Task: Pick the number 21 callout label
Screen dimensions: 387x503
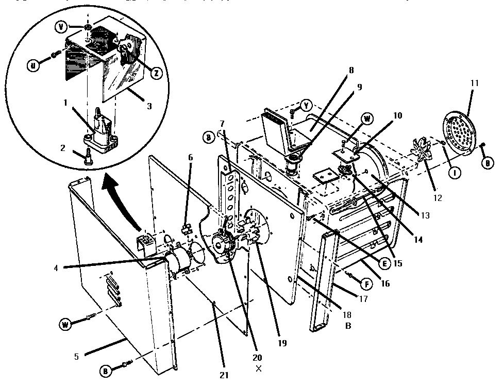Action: point(224,375)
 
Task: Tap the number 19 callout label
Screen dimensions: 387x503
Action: point(282,343)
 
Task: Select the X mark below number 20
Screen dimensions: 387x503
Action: point(258,368)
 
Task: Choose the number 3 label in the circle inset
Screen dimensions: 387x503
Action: point(149,106)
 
